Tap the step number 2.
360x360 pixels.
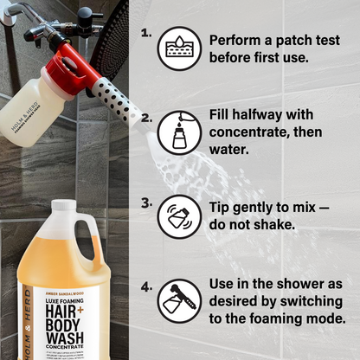[x=146, y=118]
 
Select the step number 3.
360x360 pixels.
[x=146, y=203]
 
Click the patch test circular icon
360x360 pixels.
[x=179, y=48]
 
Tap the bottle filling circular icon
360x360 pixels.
[x=179, y=133]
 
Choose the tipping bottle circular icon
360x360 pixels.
[x=179, y=217]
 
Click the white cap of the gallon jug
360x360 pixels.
[x=63, y=209]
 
